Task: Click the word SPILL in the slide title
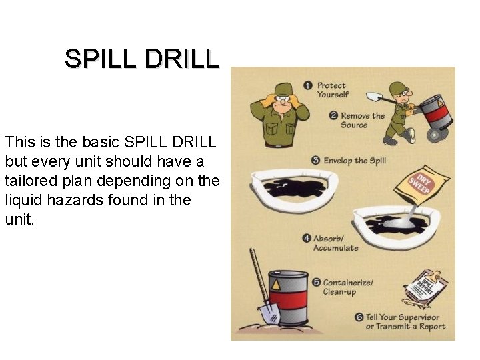click(x=100, y=59)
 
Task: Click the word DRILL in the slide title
click(x=182, y=59)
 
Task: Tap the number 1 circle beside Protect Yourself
click(x=308, y=85)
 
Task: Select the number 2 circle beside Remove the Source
click(x=333, y=116)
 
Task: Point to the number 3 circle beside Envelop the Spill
click(x=316, y=161)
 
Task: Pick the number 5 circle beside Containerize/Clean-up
click(x=316, y=282)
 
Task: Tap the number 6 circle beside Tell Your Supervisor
click(x=359, y=317)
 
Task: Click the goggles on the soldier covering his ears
click(x=283, y=99)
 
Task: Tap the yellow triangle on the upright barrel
click(x=276, y=285)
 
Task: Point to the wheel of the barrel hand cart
click(x=437, y=134)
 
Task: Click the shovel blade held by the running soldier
click(x=373, y=97)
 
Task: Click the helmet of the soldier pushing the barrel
click(x=399, y=88)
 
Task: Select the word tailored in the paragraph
click(x=31, y=181)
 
